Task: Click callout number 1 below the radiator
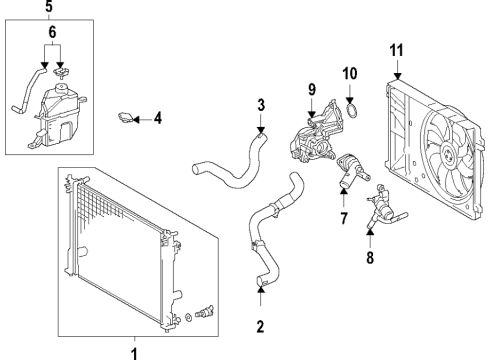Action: [x=136, y=351]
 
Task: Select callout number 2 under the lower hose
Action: [x=261, y=325]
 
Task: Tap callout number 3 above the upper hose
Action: [x=260, y=104]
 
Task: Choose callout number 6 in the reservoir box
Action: [x=53, y=33]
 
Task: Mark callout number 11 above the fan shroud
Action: [x=397, y=50]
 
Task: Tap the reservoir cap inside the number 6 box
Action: [x=63, y=69]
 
